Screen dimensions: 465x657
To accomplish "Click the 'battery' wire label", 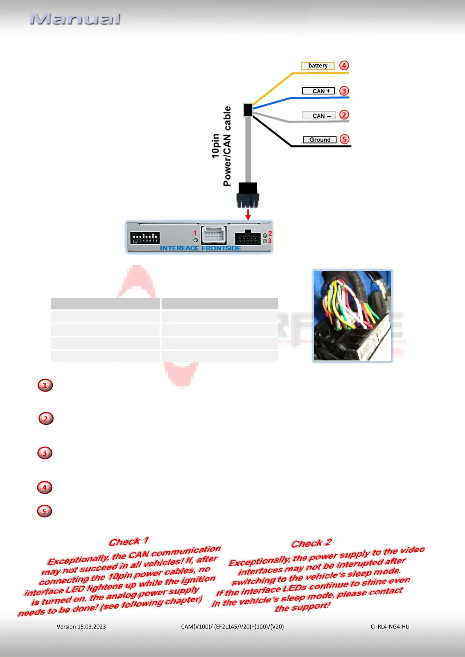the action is point(318,66).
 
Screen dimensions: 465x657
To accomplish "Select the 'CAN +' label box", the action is point(319,91).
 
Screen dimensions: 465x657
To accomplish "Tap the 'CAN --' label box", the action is point(319,115).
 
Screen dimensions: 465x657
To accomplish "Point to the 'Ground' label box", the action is point(320,140).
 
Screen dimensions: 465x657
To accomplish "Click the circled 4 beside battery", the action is point(344,66).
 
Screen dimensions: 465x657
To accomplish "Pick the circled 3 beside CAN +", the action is point(344,91).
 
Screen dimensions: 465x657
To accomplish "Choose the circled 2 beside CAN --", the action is point(344,115).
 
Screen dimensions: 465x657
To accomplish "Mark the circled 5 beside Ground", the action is point(344,139).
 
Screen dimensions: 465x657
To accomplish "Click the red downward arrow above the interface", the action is point(248,214).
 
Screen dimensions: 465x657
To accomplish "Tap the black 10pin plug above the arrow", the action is point(248,195).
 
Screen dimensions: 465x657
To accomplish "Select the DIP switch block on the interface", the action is point(145,237).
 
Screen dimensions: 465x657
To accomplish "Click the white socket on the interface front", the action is point(214,235).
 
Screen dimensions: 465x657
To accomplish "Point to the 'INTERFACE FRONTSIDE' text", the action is point(200,248).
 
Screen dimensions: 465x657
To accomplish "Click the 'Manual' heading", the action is point(75,19).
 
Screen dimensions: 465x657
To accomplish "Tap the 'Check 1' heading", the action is point(129,542).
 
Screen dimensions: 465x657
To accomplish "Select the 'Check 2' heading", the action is point(311,543).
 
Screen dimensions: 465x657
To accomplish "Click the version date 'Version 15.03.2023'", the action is point(81,627).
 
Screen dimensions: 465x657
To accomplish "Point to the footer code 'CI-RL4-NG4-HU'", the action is point(390,627).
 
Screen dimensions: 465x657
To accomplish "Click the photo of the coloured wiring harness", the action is point(352,316).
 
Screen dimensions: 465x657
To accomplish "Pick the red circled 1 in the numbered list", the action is point(45,385).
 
